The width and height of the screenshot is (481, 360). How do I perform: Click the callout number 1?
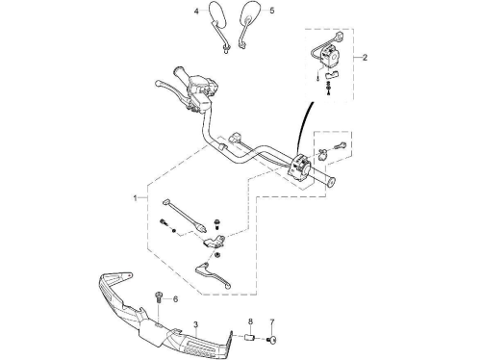point(136,198)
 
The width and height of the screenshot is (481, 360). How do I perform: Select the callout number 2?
point(365,58)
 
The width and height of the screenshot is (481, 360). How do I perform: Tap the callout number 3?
point(196,324)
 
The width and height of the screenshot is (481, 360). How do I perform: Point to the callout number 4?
point(196,12)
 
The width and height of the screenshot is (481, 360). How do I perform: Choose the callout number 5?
point(272,11)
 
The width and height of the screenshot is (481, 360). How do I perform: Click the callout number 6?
point(175,299)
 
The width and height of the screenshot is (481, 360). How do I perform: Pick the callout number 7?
point(272,321)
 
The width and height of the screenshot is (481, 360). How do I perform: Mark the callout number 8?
point(250,321)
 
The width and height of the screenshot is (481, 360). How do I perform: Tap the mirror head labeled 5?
point(249,13)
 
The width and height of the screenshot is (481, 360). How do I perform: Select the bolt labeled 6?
point(159,296)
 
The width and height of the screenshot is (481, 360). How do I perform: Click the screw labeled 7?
point(272,340)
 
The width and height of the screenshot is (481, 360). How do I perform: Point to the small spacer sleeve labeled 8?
point(250,338)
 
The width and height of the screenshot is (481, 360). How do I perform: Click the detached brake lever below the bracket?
point(213,274)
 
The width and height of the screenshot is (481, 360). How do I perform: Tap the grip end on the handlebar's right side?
point(330,182)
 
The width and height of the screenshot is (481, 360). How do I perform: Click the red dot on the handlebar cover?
point(129,275)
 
